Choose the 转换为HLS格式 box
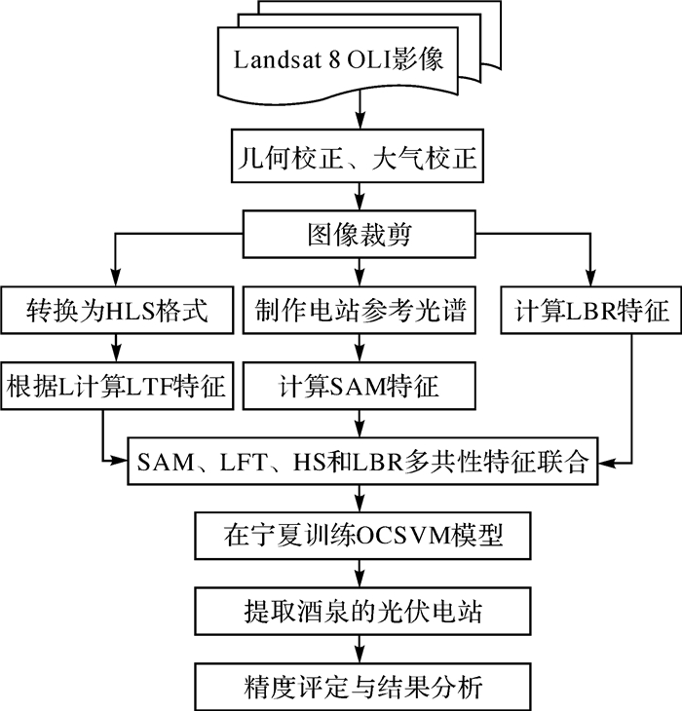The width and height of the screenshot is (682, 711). tap(119, 312)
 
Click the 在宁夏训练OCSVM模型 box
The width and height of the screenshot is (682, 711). tap(362, 534)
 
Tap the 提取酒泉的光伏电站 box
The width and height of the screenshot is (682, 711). tap(362, 612)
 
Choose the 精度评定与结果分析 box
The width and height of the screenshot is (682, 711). tap(362, 686)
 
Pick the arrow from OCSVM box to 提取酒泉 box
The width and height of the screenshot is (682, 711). tap(362, 573)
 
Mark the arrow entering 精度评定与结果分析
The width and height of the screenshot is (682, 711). tap(362, 650)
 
